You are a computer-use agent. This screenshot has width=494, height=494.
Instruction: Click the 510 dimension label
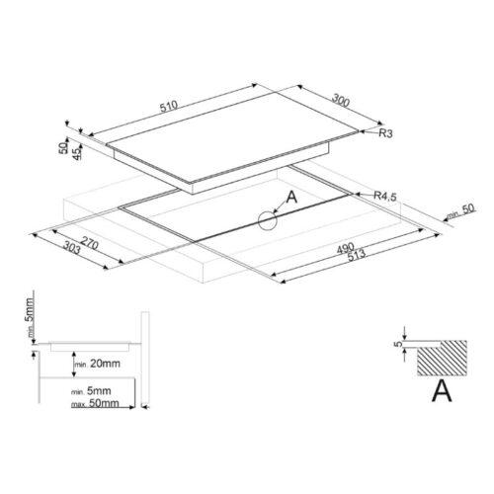(x=169, y=107)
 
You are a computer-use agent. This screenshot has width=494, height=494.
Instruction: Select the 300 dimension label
(x=340, y=101)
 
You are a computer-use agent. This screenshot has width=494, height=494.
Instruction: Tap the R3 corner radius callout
(x=385, y=133)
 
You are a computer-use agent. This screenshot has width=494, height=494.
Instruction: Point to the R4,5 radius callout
(x=385, y=196)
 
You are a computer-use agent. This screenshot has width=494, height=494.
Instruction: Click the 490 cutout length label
(x=346, y=248)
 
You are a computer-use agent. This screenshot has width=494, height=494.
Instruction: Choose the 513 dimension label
(x=356, y=255)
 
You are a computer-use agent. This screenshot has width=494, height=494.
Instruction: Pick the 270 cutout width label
(x=89, y=244)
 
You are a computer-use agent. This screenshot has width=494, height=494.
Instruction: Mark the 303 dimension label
(x=71, y=248)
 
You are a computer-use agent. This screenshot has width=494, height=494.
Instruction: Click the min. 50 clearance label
(x=460, y=212)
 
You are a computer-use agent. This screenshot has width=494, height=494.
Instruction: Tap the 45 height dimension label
(x=76, y=154)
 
